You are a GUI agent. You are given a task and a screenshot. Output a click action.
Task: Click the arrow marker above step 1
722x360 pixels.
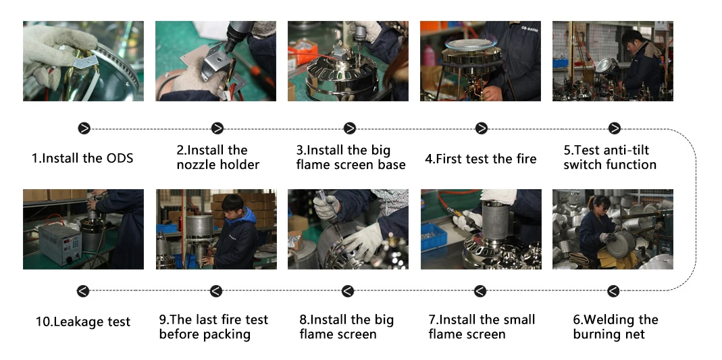84,128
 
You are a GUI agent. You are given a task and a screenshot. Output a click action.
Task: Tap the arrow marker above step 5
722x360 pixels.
614,128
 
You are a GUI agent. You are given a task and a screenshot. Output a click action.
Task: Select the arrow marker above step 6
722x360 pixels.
613,291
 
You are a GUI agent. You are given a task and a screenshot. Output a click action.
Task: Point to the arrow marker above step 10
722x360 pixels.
83,291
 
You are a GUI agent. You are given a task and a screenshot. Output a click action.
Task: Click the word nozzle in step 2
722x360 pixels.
195,165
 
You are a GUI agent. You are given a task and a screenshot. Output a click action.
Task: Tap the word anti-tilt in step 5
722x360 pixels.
627,151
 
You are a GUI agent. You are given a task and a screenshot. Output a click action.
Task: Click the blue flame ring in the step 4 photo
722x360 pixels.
471,45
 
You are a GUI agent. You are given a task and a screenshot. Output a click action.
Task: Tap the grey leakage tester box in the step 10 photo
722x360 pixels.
60,244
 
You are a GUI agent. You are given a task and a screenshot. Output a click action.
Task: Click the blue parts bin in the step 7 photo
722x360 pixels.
434,236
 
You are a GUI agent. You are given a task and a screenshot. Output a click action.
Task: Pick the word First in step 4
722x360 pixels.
449,159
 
